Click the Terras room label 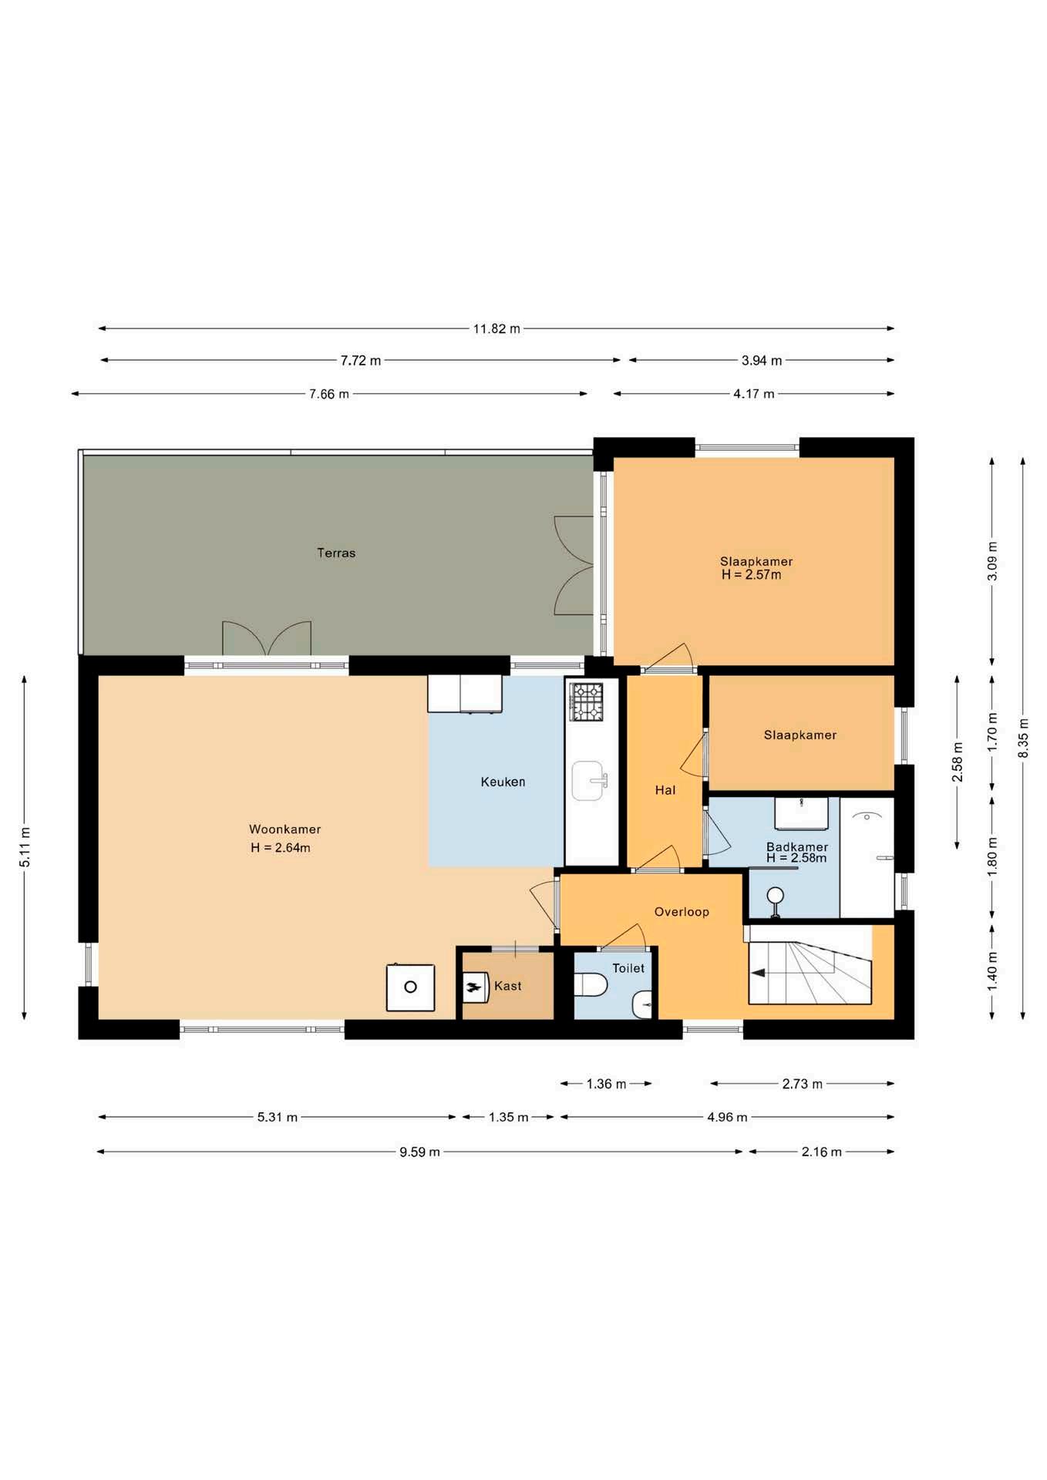point(336,553)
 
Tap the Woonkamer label point(284,829)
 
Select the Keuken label point(503,782)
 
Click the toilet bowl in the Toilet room point(591,984)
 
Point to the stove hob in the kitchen point(586,701)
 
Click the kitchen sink point(589,781)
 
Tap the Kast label point(508,986)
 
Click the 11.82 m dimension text point(497,329)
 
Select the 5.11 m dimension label point(25,847)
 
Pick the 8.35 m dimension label point(1023,738)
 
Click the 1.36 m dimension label point(606,1084)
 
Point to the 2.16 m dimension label point(821,1152)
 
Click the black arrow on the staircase point(758,973)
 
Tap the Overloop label point(682,912)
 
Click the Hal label point(665,790)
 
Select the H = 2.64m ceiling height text point(281,848)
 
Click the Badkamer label point(797,846)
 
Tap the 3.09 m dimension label point(992,561)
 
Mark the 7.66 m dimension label point(329,394)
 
